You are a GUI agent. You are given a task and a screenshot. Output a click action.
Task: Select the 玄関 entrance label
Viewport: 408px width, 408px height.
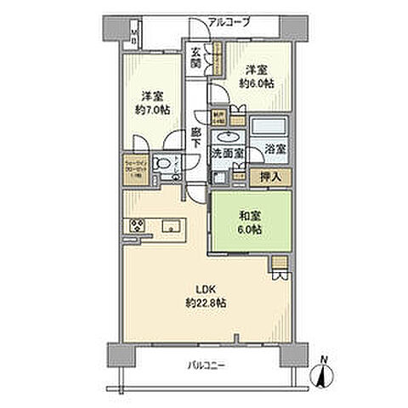[195, 58]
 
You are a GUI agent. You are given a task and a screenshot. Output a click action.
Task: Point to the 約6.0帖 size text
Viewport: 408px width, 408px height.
[256, 85]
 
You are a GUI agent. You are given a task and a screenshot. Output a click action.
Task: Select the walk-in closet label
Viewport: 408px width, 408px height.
[139, 167]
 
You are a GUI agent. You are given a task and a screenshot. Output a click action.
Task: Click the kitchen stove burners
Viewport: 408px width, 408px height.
[138, 225]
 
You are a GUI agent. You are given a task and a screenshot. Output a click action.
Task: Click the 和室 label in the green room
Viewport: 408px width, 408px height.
[249, 216]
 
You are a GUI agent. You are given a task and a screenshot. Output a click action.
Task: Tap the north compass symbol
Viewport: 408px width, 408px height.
[324, 371]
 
